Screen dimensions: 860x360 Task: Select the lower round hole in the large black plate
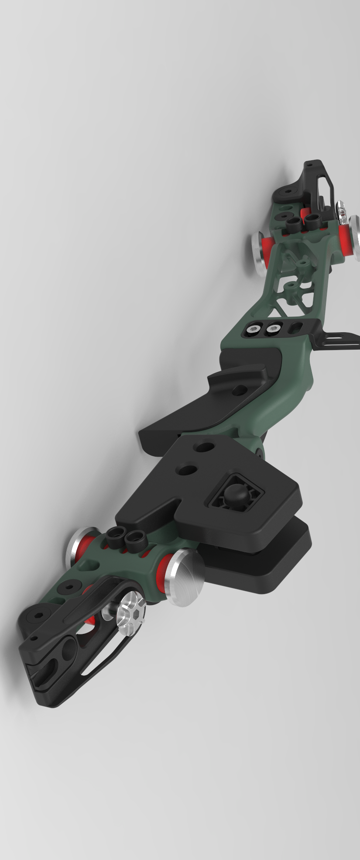tap(187, 470)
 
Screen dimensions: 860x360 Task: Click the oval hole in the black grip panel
tap(239, 390)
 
